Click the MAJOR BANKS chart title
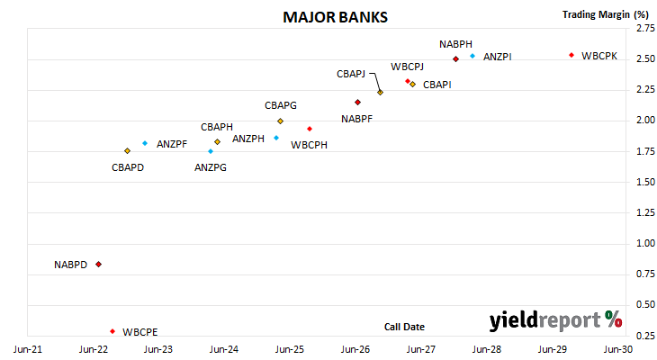point(335,17)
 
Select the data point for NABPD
point(98,265)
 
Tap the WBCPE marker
point(112,331)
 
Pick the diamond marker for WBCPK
point(571,55)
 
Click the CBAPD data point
point(128,151)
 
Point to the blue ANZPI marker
point(472,56)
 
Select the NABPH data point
point(456,59)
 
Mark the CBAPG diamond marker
point(280,121)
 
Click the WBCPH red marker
point(310,129)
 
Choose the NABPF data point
point(358,103)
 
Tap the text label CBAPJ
point(351,74)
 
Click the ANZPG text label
point(211,167)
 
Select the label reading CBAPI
point(437,85)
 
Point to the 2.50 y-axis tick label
point(645,59)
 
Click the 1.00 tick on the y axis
point(645,244)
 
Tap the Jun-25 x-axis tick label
point(290,349)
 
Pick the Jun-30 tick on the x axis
point(618,349)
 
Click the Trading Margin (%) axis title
point(606,14)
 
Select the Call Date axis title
point(404,327)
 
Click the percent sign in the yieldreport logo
point(614,319)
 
